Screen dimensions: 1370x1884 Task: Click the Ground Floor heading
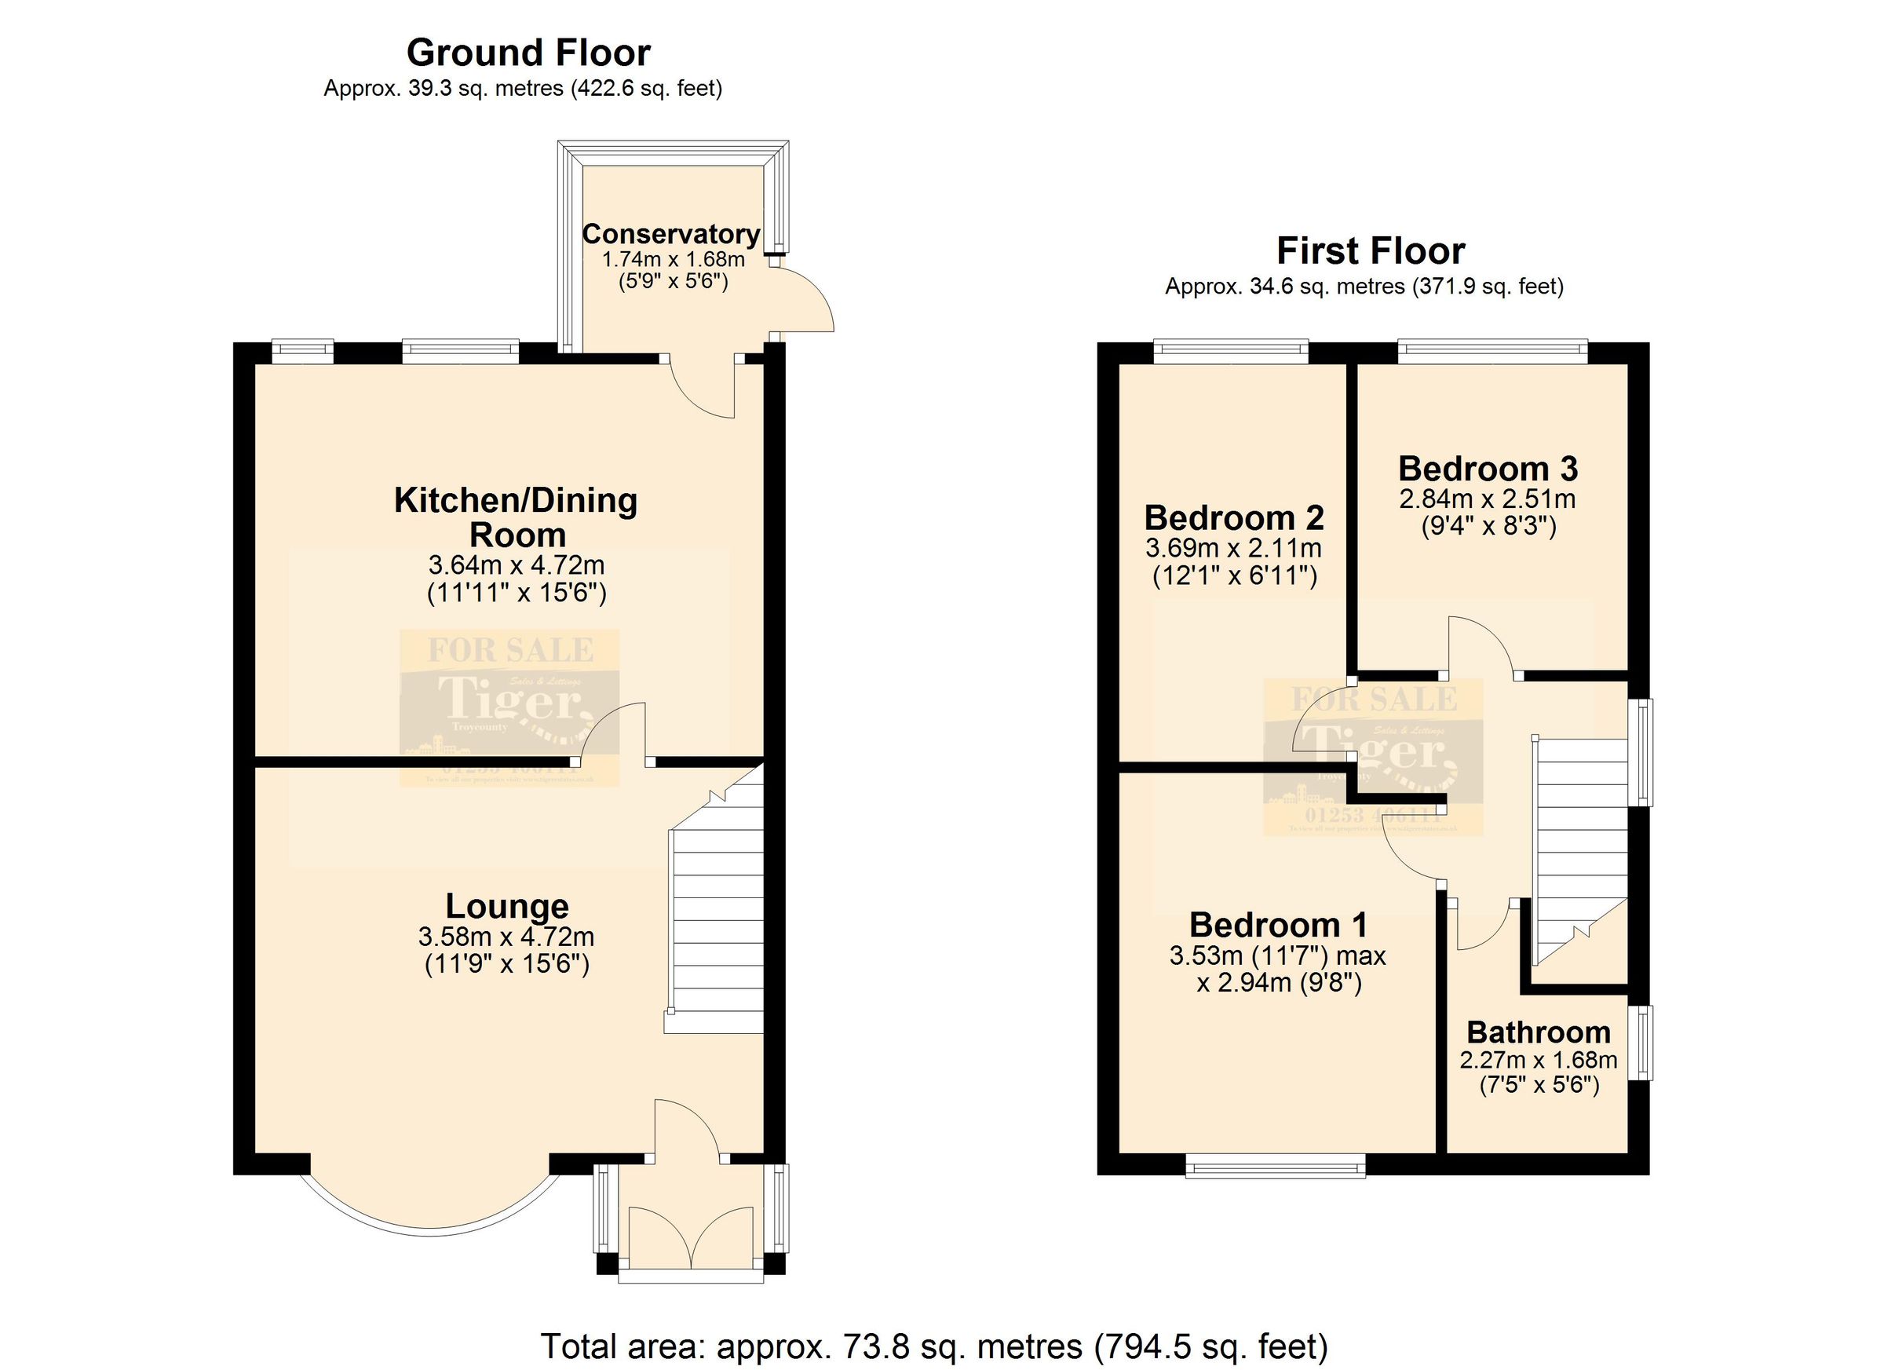(x=528, y=53)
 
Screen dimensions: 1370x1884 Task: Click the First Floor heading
(x=1370, y=251)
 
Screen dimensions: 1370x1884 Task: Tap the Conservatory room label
(x=670, y=234)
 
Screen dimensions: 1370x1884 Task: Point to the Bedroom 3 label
(x=1487, y=469)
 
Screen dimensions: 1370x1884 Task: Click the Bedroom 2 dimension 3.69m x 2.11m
(x=1233, y=548)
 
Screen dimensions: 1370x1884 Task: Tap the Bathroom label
(x=1539, y=1032)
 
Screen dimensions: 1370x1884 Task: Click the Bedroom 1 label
(x=1278, y=925)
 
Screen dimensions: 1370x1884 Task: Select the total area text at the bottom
(x=934, y=1346)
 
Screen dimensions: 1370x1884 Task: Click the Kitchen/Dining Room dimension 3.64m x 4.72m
(x=516, y=566)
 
